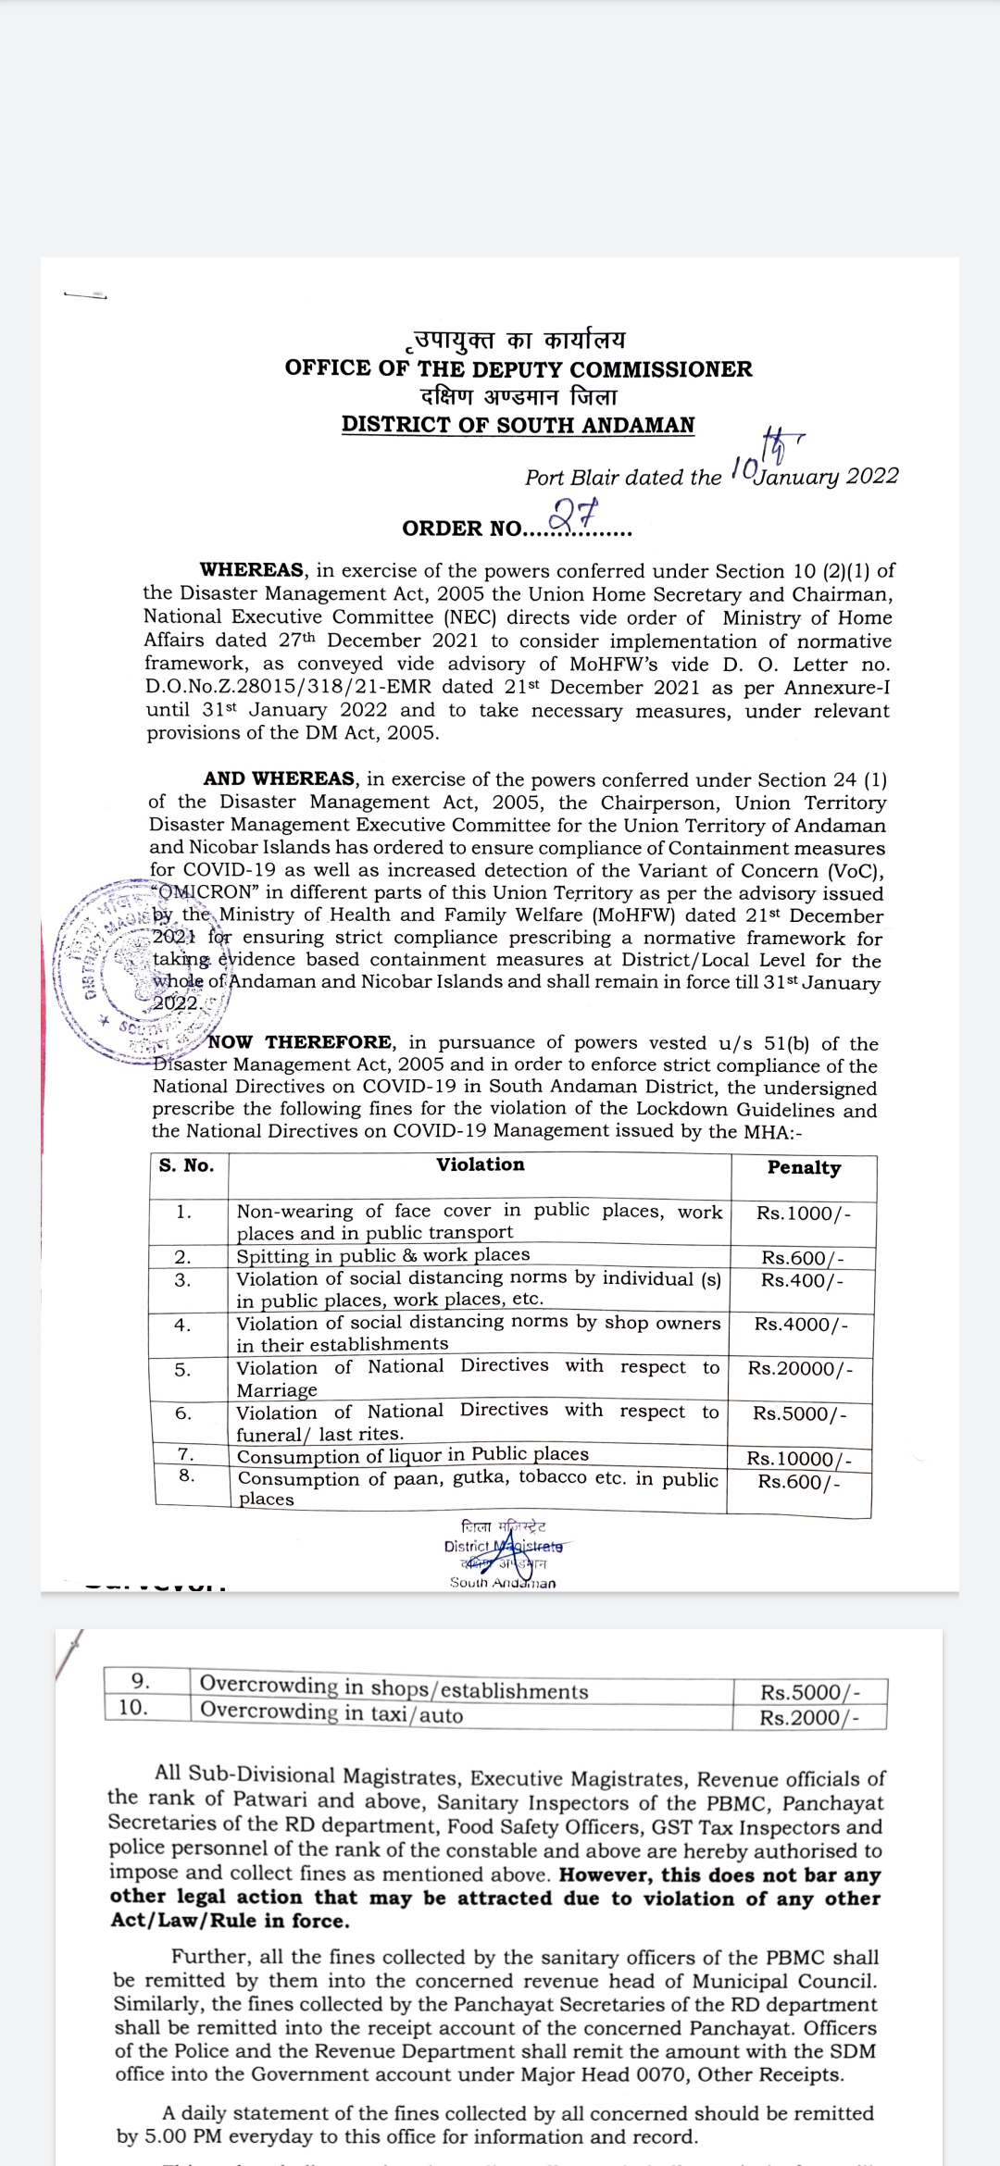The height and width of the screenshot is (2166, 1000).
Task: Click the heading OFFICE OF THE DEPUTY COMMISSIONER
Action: [x=519, y=368]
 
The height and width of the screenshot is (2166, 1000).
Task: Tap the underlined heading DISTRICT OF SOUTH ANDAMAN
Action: [x=518, y=425]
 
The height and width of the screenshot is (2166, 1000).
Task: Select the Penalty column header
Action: [x=804, y=1167]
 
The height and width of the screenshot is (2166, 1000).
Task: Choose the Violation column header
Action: [x=480, y=1164]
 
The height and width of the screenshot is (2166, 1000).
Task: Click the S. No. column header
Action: [x=186, y=1165]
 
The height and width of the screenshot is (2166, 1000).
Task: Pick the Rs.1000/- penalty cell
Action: [x=803, y=1214]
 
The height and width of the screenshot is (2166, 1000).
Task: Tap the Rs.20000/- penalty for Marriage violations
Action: [x=801, y=1369]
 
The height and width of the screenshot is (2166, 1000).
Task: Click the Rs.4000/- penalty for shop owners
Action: [x=801, y=1324]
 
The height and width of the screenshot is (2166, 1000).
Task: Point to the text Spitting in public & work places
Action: [x=383, y=1255]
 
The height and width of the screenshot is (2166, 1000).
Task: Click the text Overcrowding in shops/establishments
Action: [x=394, y=1689]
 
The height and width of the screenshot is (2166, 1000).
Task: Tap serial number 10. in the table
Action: [x=134, y=1708]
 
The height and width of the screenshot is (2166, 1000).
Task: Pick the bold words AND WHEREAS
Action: [x=279, y=779]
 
